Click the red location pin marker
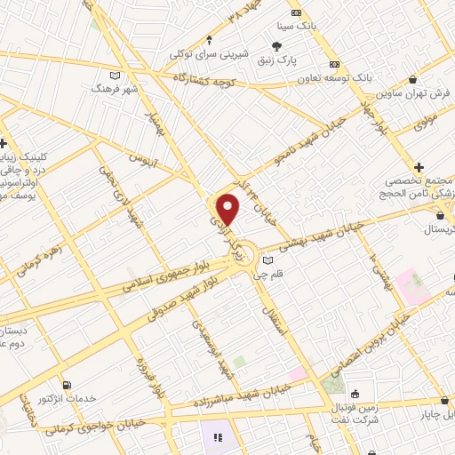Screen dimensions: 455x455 pos(228,210)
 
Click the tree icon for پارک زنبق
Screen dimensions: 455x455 pos(277,47)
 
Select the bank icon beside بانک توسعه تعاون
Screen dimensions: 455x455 pos(334,65)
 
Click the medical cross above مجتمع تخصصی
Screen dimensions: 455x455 pos(419,167)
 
